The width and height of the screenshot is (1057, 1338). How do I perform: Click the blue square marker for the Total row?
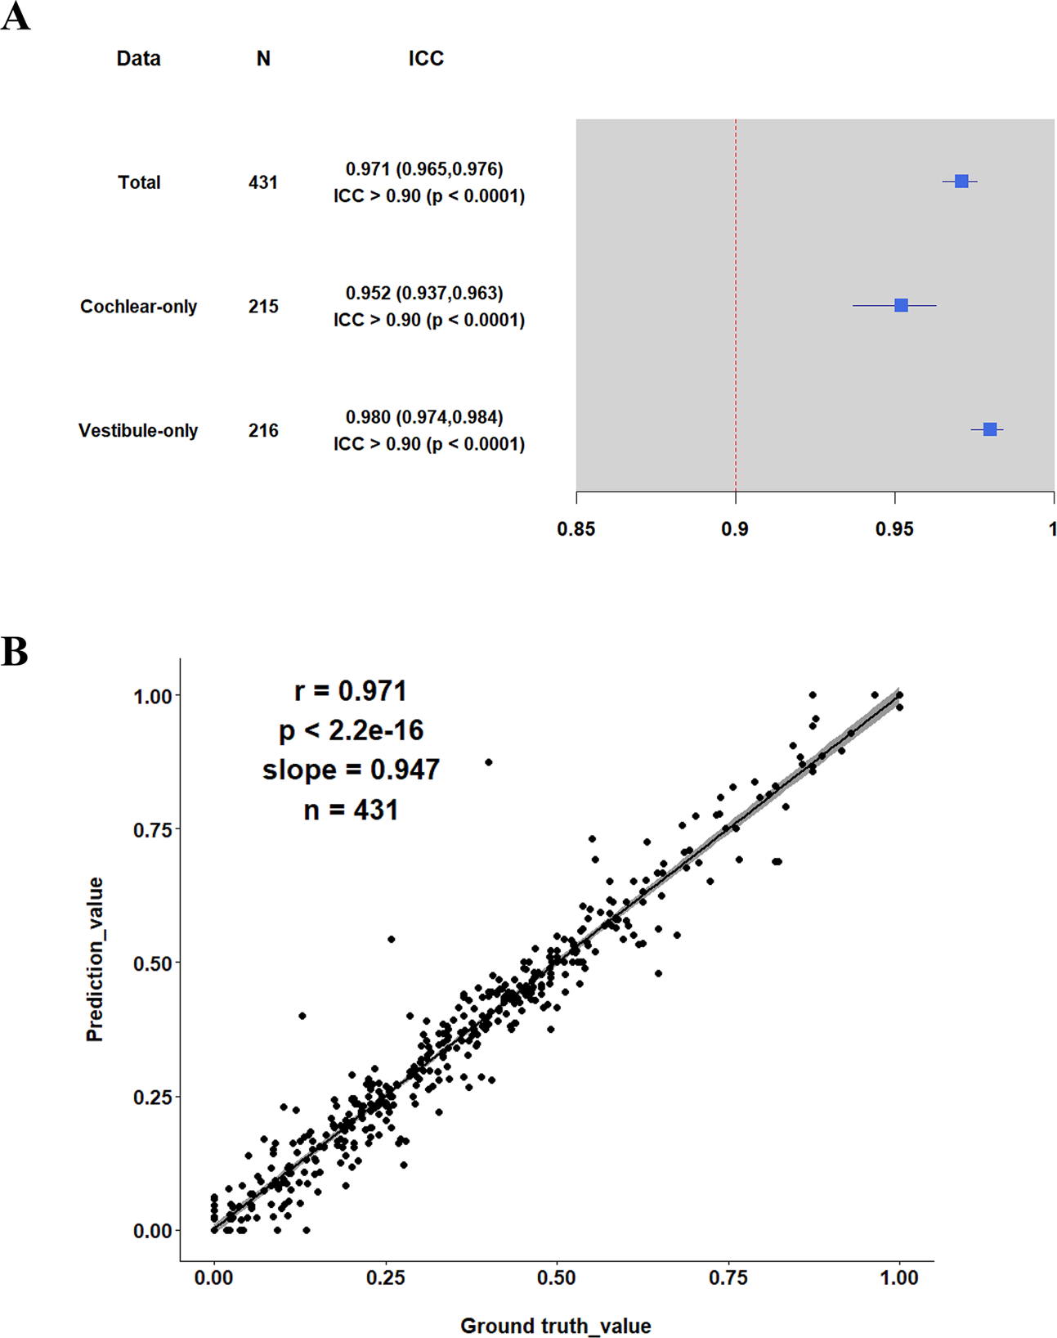tap(961, 182)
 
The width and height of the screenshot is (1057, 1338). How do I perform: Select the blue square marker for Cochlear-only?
tap(901, 305)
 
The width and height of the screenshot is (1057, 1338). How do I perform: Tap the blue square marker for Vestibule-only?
tap(990, 429)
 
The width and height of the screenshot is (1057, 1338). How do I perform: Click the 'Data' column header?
tap(138, 59)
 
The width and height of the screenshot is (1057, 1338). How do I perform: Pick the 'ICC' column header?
tap(426, 59)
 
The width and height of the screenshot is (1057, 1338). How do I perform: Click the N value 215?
tap(263, 307)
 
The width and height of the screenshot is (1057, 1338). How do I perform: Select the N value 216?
tap(263, 431)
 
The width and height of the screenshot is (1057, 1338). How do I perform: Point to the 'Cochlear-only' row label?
tap(138, 307)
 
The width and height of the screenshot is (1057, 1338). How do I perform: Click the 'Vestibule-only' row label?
tap(138, 431)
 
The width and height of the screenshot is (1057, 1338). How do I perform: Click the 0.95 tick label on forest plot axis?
tap(894, 530)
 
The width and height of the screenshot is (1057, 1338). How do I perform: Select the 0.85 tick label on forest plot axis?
tap(576, 530)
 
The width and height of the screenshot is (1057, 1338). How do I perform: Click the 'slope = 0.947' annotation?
tap(351, 770)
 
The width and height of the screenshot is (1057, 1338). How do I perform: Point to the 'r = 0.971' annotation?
tap(351, 691)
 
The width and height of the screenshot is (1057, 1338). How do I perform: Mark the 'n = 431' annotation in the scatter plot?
tap(351, 810)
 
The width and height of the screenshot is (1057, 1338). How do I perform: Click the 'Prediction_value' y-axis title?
tap(96, 959)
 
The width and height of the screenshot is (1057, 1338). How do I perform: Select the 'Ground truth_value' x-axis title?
tap(556, 1326)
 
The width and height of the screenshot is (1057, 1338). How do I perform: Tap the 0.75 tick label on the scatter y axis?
tap(152, 830)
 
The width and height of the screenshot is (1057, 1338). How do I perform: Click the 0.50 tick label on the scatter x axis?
tap(557, 1278)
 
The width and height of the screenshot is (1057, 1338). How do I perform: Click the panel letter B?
tap(15, 653)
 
